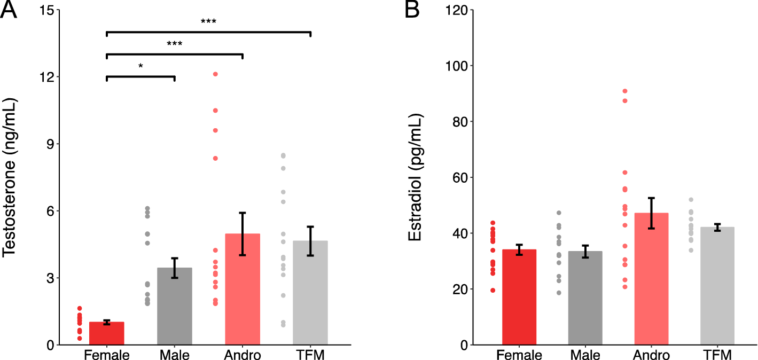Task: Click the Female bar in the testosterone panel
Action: [107, 334]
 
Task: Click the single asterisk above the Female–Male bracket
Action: [140, 66]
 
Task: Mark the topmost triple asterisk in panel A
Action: [208, 22]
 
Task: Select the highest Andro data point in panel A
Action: [215, 74]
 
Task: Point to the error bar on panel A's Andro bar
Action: [243, 233]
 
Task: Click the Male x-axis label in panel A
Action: [175, 355]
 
